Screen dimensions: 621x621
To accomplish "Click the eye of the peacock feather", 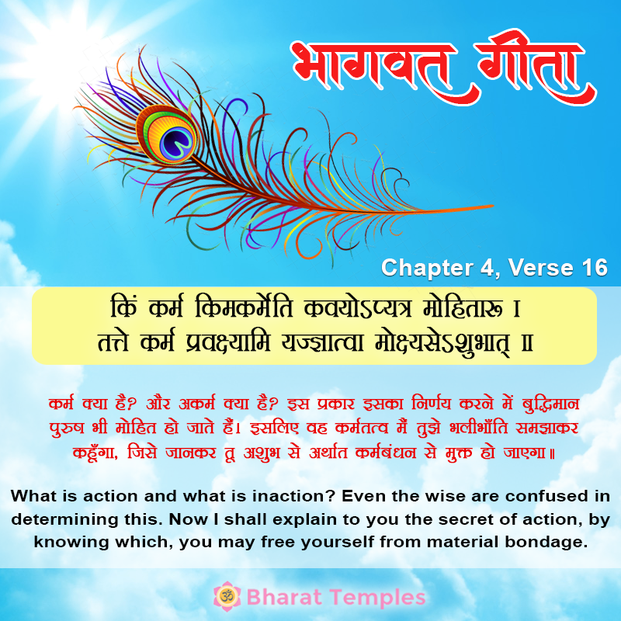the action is (166, 134).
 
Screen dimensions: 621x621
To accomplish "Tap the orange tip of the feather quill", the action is (492, 206).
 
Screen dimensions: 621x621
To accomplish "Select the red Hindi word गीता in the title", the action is (531, 65).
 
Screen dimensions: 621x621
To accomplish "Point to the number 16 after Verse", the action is (595, 267).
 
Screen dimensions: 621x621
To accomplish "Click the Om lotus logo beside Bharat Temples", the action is (227, 596).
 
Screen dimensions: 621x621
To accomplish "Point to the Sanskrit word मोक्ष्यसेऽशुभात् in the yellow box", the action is (442, 343).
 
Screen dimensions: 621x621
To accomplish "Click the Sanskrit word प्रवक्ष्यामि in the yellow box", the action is (228, 342).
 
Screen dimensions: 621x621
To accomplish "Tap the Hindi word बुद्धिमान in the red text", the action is (550, 404).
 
